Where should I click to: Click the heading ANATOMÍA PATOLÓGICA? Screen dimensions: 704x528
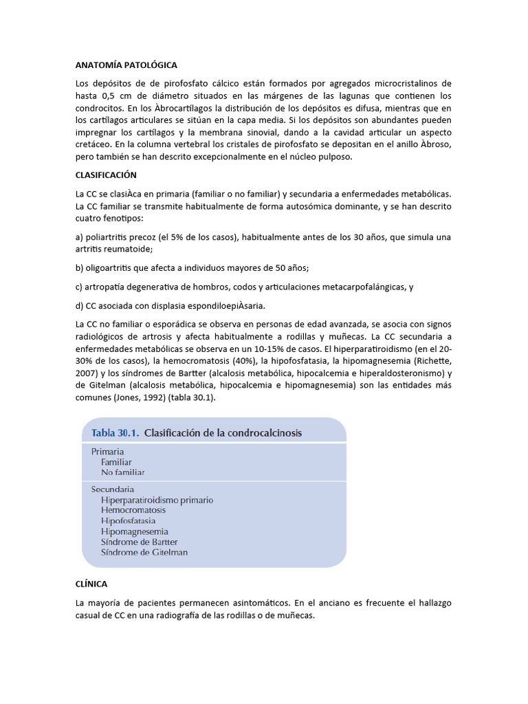(x=126, y=65)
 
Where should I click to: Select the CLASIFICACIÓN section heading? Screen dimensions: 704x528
(x=106, y=175)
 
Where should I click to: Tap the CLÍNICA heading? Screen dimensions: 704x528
(x=91, y=584)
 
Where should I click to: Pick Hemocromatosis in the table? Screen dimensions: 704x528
(x=133, y=510)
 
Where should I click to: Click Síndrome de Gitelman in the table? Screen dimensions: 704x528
(x=144, y=552)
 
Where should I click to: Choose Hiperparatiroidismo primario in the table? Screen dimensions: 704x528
(x=157, y=500)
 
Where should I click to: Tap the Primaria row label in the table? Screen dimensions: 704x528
(x=107, y=452)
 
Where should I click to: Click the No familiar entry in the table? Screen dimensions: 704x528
(x=122, y=472)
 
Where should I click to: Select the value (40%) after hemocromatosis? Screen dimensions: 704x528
(x=269, y=361)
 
